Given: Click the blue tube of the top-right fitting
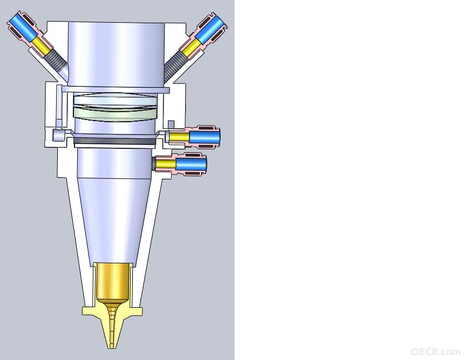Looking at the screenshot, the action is (x=210, y=28).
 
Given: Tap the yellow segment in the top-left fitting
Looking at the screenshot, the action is (x=40, y=47).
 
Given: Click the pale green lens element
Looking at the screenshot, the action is (x=115, y=113).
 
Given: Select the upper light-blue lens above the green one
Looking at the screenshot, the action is (x=115, y=99).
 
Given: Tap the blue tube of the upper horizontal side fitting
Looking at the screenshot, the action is (x=205, y=137).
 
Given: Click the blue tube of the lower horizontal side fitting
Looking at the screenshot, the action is (x=191, y=164).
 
